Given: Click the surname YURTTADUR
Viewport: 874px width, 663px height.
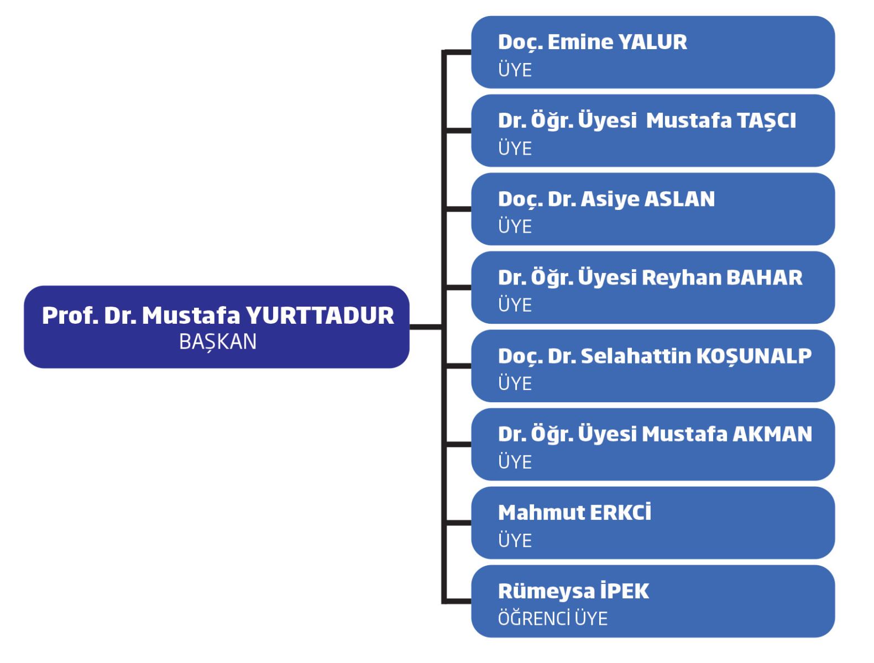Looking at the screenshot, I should tap(320, 316).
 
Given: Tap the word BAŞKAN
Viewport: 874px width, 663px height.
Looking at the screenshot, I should tap(218, 342).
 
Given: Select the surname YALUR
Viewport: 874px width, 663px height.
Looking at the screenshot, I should tap(652, 43).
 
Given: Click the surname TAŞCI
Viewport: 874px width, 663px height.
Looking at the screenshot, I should tap(758, 121).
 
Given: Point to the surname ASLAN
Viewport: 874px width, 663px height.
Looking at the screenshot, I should tap(679, 199).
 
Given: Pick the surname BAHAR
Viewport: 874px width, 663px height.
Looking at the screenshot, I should tap(764, 278).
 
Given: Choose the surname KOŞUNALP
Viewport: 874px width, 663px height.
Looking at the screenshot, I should tap(753, 356).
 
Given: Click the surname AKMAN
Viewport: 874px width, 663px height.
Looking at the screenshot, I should tap(772, 435).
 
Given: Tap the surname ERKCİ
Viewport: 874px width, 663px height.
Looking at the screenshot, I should tap(620, 513).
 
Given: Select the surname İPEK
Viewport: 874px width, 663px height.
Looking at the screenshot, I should tap(624, 592).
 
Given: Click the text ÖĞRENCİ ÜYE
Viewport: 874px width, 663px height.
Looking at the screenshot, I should tap(552, 618).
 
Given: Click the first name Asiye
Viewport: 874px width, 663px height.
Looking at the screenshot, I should tap(610, 199).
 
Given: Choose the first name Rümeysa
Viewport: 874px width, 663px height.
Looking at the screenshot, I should tap(537, 592).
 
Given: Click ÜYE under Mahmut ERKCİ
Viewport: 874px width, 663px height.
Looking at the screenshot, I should tap(515, 540).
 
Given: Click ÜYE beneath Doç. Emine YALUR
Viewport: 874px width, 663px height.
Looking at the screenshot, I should tap(515, 70).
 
